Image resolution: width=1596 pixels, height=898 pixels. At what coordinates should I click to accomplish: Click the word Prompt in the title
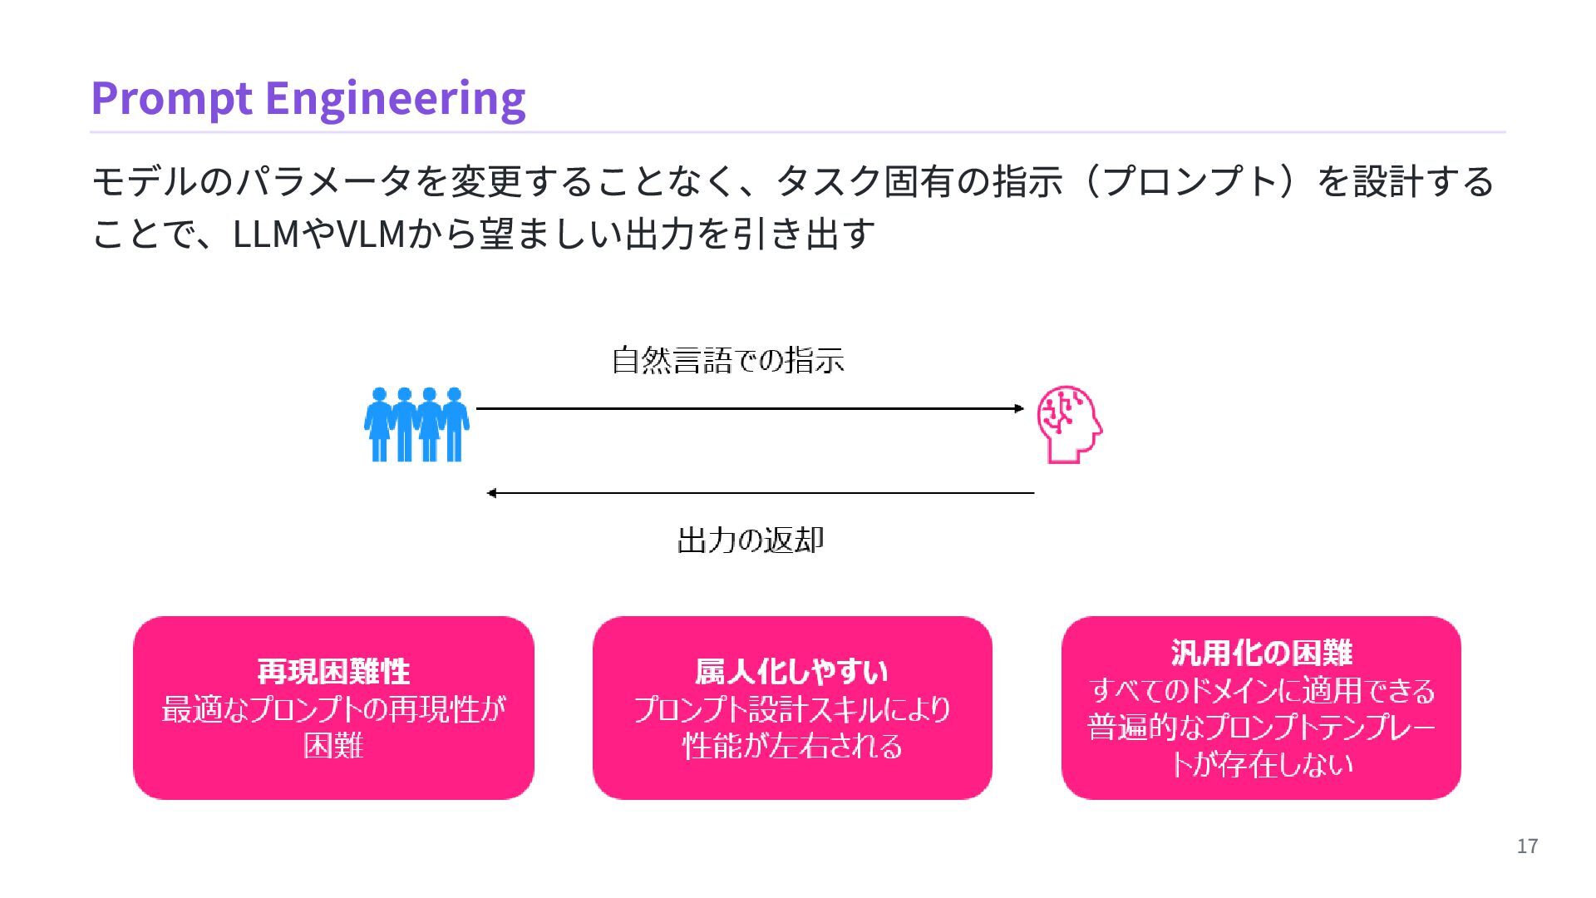pos(171,98)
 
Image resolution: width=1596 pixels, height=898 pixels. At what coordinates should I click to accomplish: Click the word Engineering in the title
pos(395,98)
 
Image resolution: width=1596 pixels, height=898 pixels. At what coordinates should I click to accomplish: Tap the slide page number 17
pos(1527,846)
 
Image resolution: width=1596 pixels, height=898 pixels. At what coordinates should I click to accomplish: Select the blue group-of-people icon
pos(416,424)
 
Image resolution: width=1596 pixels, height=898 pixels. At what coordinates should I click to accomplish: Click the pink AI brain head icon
pos(1069,424)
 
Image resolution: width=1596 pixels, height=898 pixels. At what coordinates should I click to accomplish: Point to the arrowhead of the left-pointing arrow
pos(492,493)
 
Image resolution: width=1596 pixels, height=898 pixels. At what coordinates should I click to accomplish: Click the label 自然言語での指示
pos(727,361)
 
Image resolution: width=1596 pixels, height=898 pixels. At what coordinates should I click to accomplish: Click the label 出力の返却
pos(750,540)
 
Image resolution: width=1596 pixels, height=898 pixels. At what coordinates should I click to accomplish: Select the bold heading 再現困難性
pos(333,671)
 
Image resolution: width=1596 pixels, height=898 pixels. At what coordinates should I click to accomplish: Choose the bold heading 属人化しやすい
pos(791,671)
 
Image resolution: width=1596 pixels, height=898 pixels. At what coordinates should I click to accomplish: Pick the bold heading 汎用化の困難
pos(1261,653)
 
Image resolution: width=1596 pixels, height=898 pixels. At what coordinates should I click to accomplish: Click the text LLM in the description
pos(266,234)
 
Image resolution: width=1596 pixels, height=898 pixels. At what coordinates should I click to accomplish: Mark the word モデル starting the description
pos(145,182)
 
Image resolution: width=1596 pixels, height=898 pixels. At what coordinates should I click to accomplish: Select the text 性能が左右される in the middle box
pos(791,746)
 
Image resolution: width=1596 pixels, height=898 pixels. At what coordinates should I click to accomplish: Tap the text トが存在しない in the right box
pos(1261,763)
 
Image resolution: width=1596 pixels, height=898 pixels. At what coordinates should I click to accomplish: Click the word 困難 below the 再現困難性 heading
pos(333,745)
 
